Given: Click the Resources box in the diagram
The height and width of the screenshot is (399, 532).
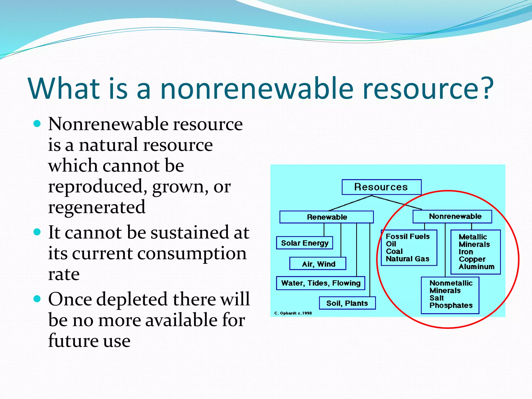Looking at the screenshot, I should click(x=381, y=187).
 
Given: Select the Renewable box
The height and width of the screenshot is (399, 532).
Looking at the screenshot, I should click(x=327, y=217).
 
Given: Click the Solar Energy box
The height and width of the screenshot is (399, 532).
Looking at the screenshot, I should click(x=304, y=243).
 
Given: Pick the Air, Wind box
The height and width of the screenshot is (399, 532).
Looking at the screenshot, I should click(x=318, y=264).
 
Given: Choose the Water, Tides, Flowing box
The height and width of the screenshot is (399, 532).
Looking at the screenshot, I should click(x=321, y=283).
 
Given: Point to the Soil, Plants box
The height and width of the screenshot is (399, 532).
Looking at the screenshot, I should click(x=347, y=303).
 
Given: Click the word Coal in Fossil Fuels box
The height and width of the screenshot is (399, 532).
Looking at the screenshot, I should click(x=394, y=251).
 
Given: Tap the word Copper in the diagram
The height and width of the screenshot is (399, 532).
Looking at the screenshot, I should click(x=472, y=259).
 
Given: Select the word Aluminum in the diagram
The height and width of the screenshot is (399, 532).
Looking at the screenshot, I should click(x=476, y=267).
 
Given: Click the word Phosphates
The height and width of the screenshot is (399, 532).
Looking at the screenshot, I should click(x=451, y=305).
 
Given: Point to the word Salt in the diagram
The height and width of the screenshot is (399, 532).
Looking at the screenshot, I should click(x=436, y=298).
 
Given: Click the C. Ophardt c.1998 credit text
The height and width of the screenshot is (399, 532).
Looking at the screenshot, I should click(x=293, y=313).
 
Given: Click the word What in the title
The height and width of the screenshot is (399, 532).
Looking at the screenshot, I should click(x=64, y=88).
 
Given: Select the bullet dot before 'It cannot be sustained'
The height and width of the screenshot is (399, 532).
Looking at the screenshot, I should click(x=37, y=231).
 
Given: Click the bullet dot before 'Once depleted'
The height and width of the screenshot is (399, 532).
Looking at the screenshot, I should click(x=37, y=299).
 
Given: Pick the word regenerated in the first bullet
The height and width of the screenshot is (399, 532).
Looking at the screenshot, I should click(x=97, y=207).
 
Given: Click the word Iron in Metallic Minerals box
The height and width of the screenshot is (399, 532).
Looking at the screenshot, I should click(x=465, y=252).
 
